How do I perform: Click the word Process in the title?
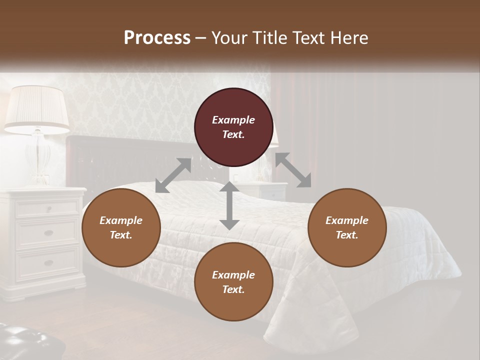[157, 38]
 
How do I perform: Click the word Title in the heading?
[270, 38]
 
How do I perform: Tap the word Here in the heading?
[349, 38]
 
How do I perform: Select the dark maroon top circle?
[233, 127]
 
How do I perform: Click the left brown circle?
[121, 228]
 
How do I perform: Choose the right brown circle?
[346, 228]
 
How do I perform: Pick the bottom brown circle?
[233, 282]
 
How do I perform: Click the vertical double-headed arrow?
[229, 205]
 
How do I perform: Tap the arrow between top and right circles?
[293, 170]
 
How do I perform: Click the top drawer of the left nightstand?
[48, 207]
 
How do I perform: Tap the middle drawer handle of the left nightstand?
[48, 233]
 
